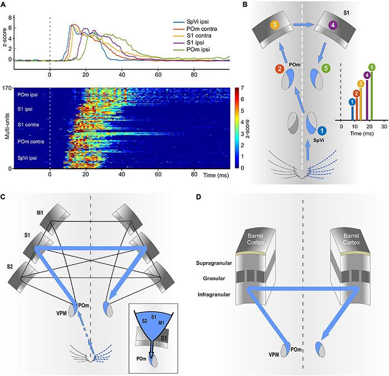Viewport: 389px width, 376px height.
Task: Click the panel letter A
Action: [5, 5]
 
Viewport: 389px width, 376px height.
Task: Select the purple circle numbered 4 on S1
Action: [332, 25]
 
